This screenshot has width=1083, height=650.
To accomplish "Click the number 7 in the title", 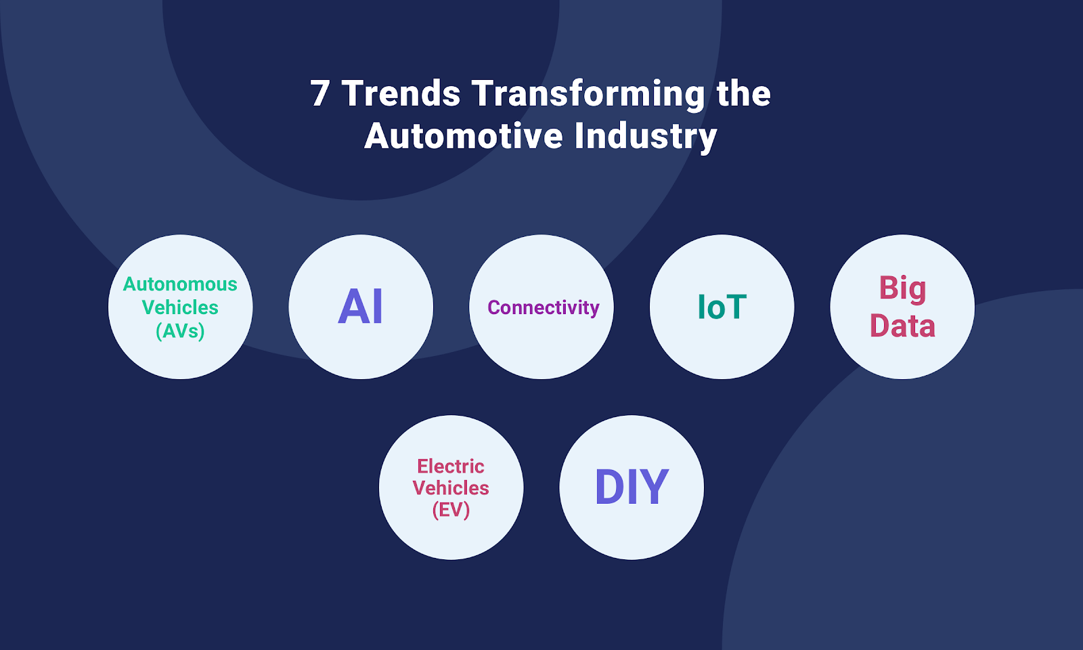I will click(320, 93).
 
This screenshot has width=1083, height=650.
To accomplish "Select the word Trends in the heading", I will click(401, 93).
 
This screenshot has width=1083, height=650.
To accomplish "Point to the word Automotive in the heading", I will click(464, 136).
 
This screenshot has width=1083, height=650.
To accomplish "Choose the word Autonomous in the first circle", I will click(180, 284).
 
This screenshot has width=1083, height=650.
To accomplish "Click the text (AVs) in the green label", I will click(180, 331).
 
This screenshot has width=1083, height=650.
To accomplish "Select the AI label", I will click(361, 307).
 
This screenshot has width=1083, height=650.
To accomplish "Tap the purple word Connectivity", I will click(543, 308).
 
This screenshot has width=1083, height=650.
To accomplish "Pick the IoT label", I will click(722, 307).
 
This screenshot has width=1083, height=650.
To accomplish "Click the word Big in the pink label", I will click(902, 289).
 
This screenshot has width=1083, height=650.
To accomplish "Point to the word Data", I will click(902, 326).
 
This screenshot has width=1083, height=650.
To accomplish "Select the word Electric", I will click(451, 467).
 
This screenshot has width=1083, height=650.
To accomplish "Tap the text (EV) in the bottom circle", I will click(451, 509).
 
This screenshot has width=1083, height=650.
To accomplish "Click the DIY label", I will click(632, 487).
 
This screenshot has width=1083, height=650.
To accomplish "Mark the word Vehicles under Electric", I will click(451, 488).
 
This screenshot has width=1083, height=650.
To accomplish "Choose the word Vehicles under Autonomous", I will click(180, 307).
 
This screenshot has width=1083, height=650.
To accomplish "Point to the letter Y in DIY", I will click(655, 487).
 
